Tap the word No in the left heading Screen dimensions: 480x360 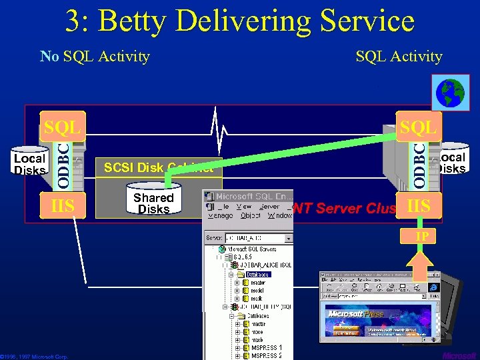coord(49,56)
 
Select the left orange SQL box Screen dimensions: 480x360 coord(62,127)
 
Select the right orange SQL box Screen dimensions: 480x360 coord(418,127)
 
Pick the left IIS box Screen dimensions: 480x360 coord(62,205)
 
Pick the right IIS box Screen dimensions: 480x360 coord(418,206)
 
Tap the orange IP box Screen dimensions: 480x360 coord(422,237)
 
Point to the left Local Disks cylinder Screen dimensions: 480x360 coord(29,163)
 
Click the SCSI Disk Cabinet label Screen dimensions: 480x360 coord(158,168)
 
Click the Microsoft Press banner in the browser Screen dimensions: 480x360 coord(357,313)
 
